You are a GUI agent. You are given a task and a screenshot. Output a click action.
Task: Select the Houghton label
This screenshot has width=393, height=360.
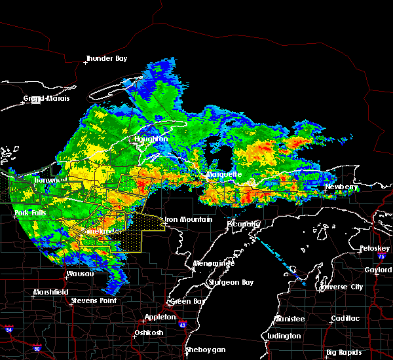coord(151,139)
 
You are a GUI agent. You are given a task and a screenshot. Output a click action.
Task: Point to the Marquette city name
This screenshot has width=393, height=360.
coord(224,175)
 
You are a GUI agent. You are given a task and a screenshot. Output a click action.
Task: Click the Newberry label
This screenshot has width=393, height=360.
coord(343,187)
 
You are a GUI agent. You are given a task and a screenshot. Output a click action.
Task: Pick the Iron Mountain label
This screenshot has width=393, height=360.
coord(189,220)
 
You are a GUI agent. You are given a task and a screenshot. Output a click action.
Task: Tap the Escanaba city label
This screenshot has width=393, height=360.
coord(244,224)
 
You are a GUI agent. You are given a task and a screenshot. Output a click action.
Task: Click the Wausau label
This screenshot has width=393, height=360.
coord(81,274)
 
